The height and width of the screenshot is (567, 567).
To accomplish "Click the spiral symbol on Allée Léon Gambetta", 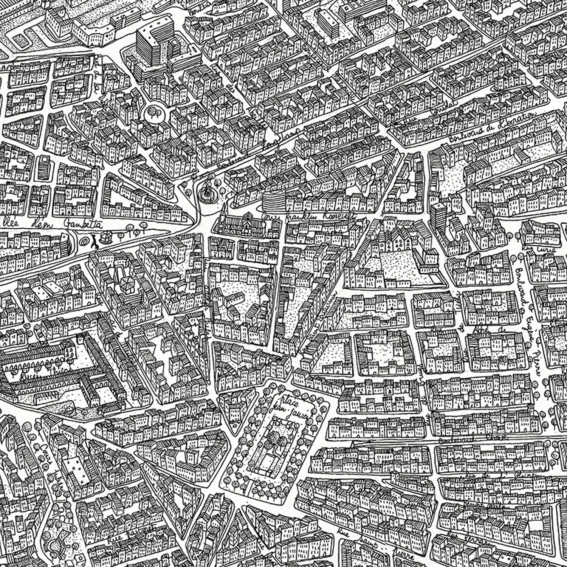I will click(x=83, y=240).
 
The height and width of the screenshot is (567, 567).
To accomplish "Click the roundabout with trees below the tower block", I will click(x=154, y=112).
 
